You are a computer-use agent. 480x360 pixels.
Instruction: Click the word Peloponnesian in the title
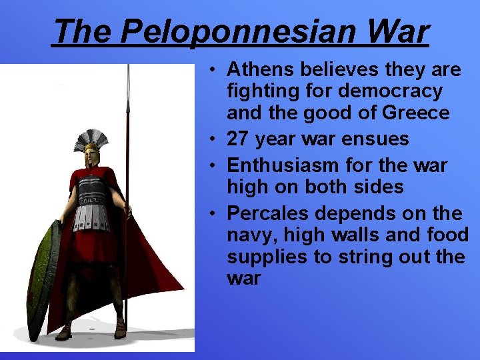pyautogui.click(x=249, y=32)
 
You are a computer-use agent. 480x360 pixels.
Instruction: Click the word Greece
pyautogui.click(x=417, y=113)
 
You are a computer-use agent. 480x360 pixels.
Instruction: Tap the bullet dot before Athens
pyautogui.click(x=210, y=69)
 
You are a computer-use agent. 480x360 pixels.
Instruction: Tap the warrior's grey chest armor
pyautogui.click(x=91, y=200)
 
